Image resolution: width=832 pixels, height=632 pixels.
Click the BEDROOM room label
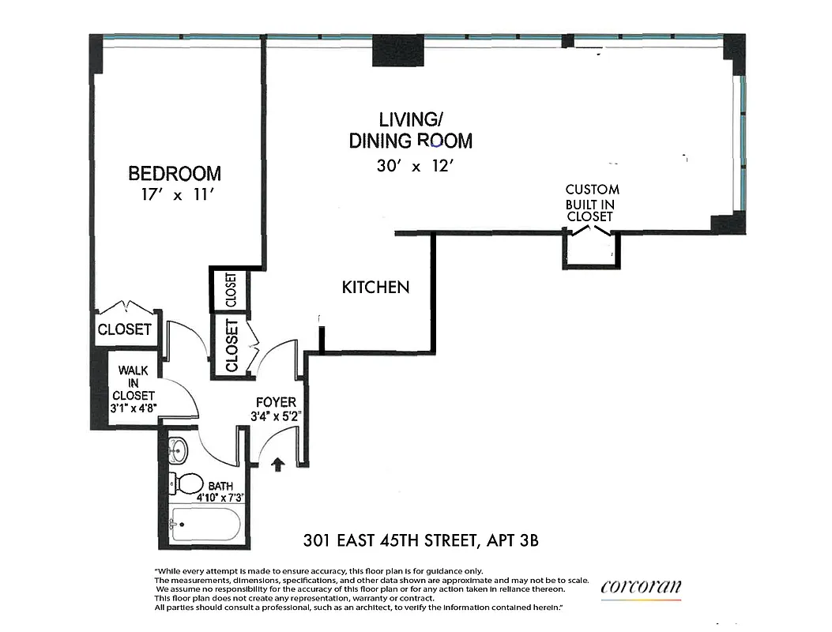point(175,173)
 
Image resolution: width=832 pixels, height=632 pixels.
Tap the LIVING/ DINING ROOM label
point(410,130)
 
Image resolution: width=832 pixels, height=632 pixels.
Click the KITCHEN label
point(375,288)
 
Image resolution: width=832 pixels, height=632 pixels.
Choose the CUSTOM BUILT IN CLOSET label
point(592,202)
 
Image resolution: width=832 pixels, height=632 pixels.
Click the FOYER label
point(276,402)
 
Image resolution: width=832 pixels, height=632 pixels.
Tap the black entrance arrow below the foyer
point(278,464)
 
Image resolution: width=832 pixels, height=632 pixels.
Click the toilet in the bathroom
point(186,481)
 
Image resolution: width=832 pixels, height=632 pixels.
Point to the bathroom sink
point(179,450)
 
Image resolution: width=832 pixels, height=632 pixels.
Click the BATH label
point(220,486)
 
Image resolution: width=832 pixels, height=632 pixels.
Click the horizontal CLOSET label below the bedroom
point(124,329)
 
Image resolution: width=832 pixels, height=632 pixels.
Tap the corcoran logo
point(641,587)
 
